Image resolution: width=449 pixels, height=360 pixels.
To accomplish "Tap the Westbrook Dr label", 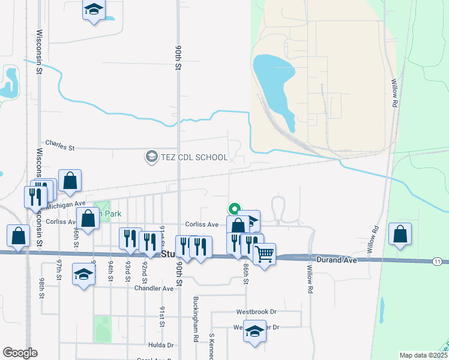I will click(x=256, y=312).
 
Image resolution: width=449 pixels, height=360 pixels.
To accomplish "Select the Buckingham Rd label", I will click(x=196, y=318).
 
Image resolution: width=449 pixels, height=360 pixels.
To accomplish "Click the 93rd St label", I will click(x=128, y=271).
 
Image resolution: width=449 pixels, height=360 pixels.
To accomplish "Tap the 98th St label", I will click(x=41, y=288).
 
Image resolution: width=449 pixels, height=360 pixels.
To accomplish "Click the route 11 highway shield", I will click(x=437, y=262).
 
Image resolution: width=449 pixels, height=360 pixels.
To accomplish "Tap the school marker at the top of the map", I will click(x=93, y=10).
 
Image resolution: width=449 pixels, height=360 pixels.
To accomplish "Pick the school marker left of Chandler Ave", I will click(x=83, y=275).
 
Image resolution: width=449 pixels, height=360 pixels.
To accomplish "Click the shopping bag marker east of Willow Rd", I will click(x=400, y=234).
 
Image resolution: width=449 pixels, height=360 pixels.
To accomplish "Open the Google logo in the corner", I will click(x=20, y=353).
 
